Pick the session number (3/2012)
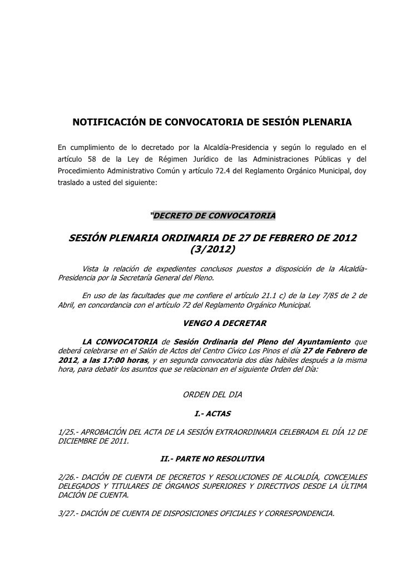coord(213,249)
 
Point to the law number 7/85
coord(323,296)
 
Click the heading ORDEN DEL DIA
coord(213,396)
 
